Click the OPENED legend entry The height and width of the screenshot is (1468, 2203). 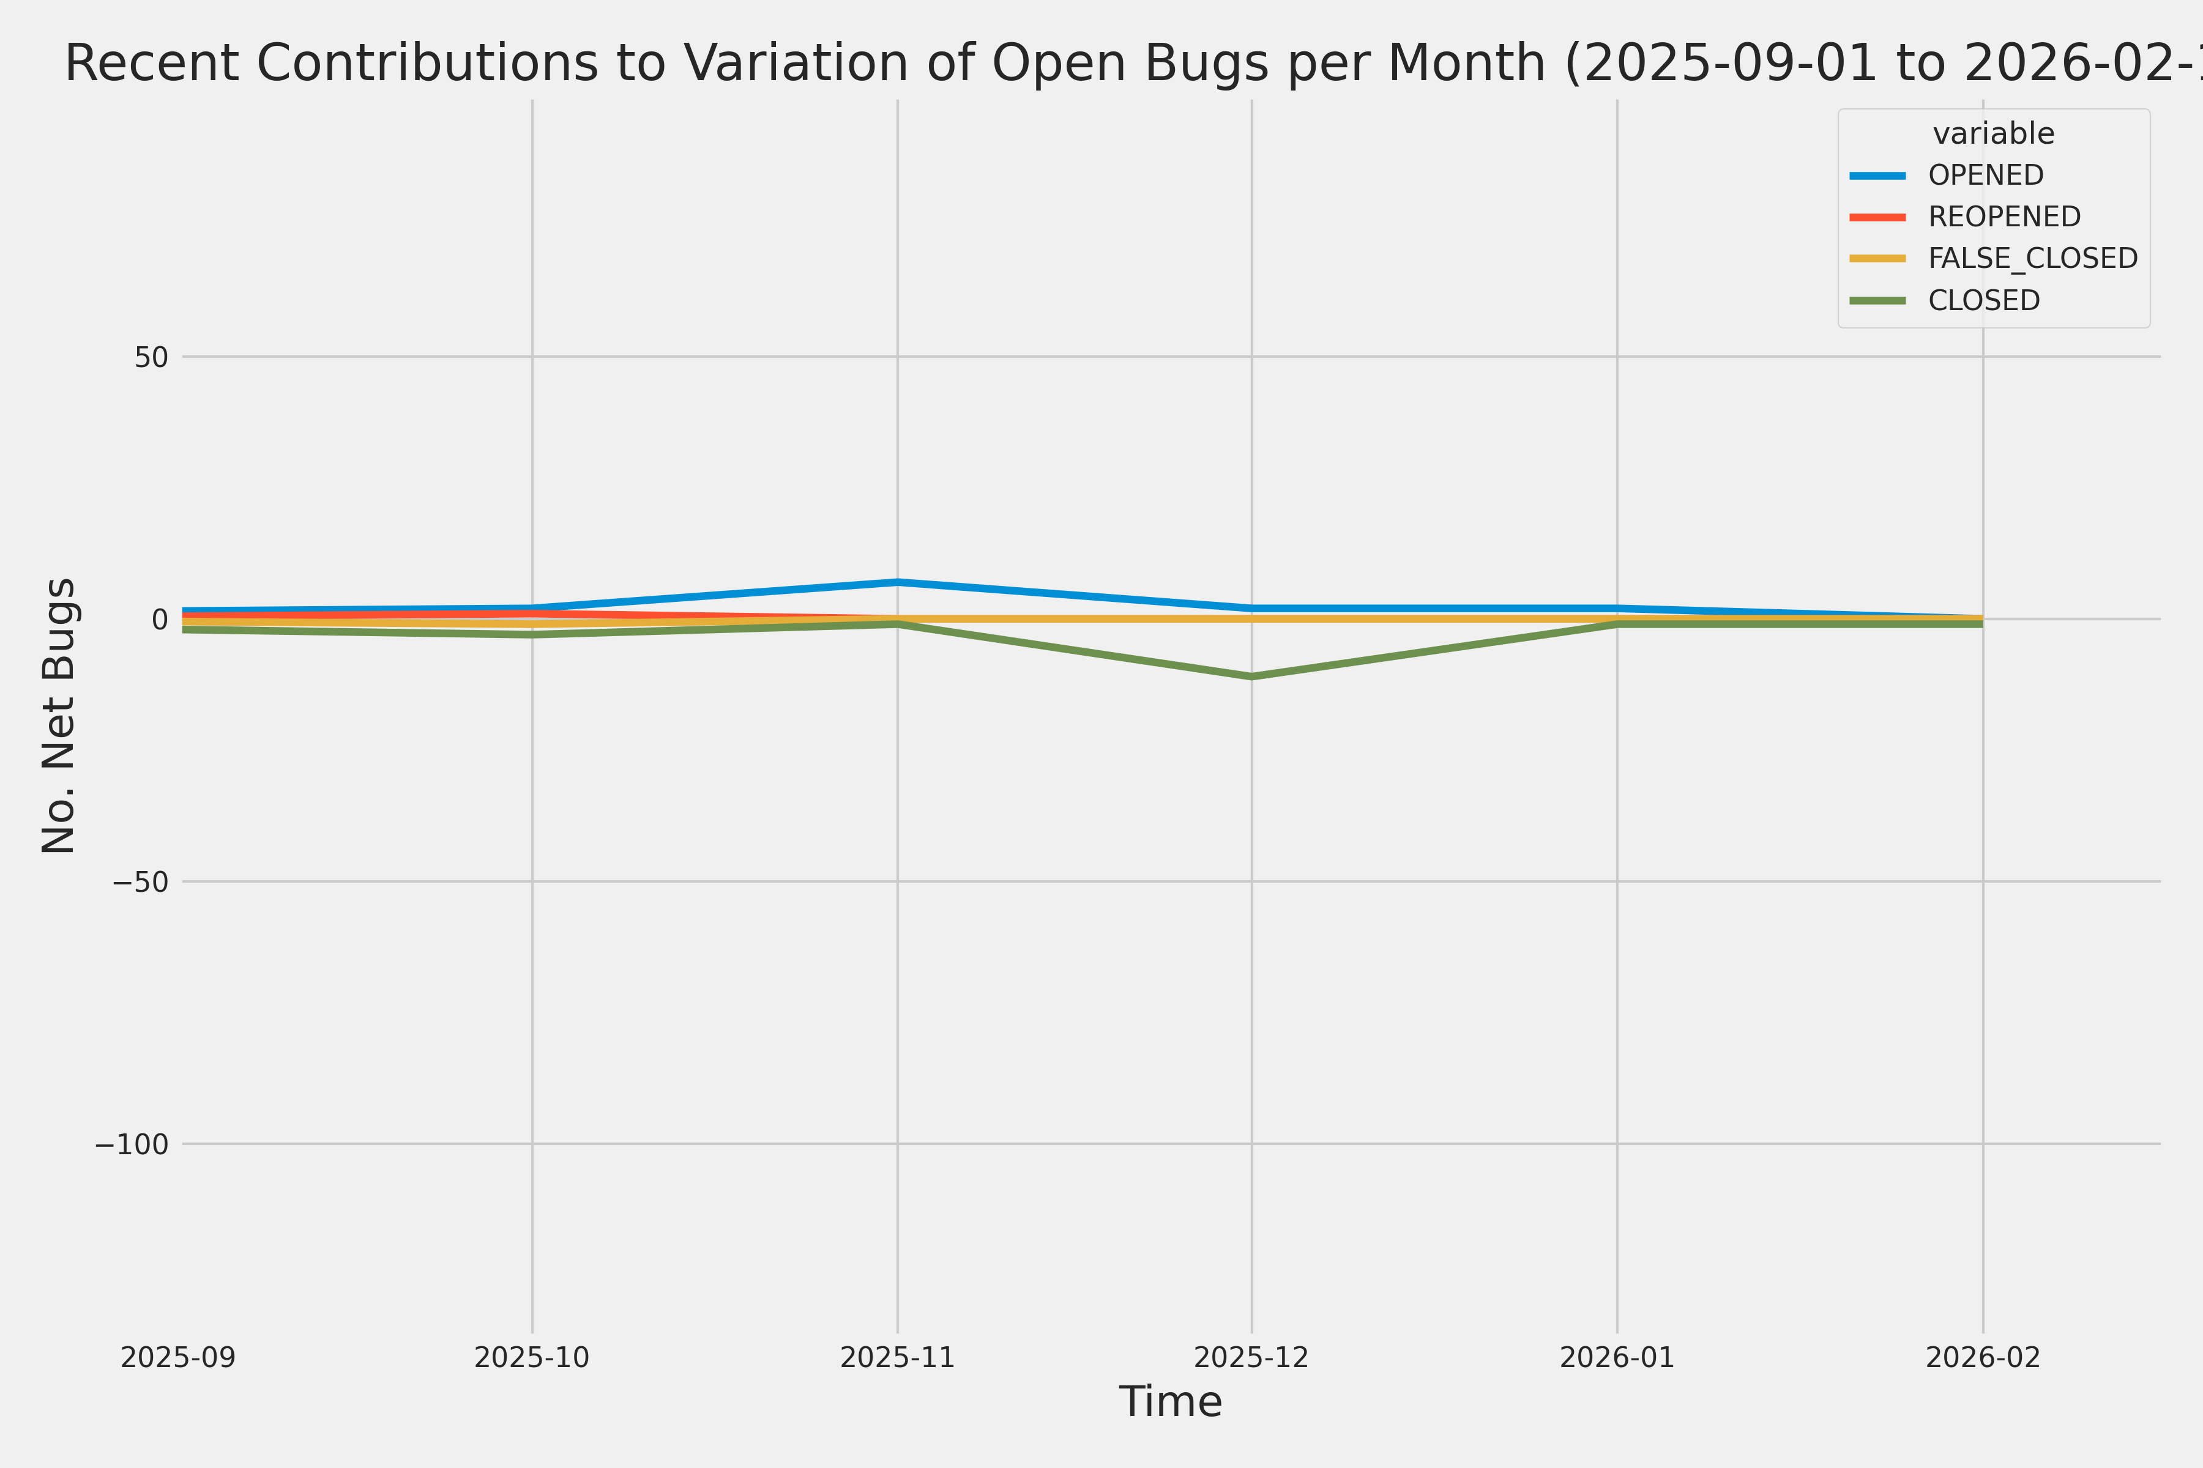[x=1985, y=175]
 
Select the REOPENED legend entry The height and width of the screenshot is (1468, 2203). [x=2004, y=217]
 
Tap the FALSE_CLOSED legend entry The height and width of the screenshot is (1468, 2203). [x=2032, y=258]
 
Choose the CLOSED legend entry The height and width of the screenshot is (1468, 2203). [x=1983, y=300]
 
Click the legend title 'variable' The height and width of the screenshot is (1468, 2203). [x=1993, y=134]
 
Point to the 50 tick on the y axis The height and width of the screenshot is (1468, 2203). [x=151, y=357]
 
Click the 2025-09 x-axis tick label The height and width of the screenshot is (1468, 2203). [x=178, y=1357]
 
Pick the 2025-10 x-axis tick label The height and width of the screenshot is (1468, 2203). [x=532, y=1357]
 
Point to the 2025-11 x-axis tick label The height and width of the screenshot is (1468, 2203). [x=897, y=1357]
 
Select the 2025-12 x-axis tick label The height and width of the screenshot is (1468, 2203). [x=1251, y=1357]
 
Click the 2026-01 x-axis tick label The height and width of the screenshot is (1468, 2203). [x=1617, y=1357]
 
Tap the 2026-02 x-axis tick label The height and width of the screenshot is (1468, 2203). [x=1982, y=1357]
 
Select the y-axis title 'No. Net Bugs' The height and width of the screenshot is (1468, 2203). [x=58, y=715]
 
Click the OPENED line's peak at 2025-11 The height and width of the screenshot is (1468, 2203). [x=897, y=582]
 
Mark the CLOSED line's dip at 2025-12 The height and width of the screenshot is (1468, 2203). [x=1251, y=676]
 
